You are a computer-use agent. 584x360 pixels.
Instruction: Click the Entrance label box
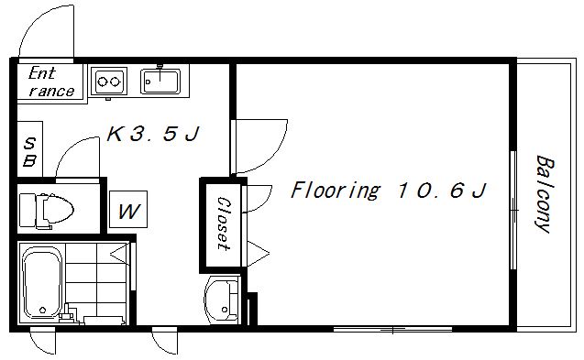click(50, 82)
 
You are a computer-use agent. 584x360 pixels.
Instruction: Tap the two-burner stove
click(109, 81)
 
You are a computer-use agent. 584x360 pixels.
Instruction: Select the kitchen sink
click(160, 80)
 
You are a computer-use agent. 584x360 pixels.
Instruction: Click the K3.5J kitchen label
click(153, 134)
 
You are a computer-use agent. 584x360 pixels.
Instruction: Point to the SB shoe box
click(29, 149)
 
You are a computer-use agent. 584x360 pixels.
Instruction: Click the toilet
click(47, 211)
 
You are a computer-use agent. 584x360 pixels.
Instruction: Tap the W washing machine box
click(128, 209)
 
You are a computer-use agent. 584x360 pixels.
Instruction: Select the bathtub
click(41, 282)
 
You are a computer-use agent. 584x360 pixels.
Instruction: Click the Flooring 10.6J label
click(388, 190)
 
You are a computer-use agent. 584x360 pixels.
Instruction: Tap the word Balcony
click(544, 194)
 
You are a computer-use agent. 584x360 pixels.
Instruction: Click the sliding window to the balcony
click(513, 210)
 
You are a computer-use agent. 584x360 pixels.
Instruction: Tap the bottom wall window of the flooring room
click(392, 329)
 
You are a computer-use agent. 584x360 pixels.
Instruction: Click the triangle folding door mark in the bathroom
click(121, 255)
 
